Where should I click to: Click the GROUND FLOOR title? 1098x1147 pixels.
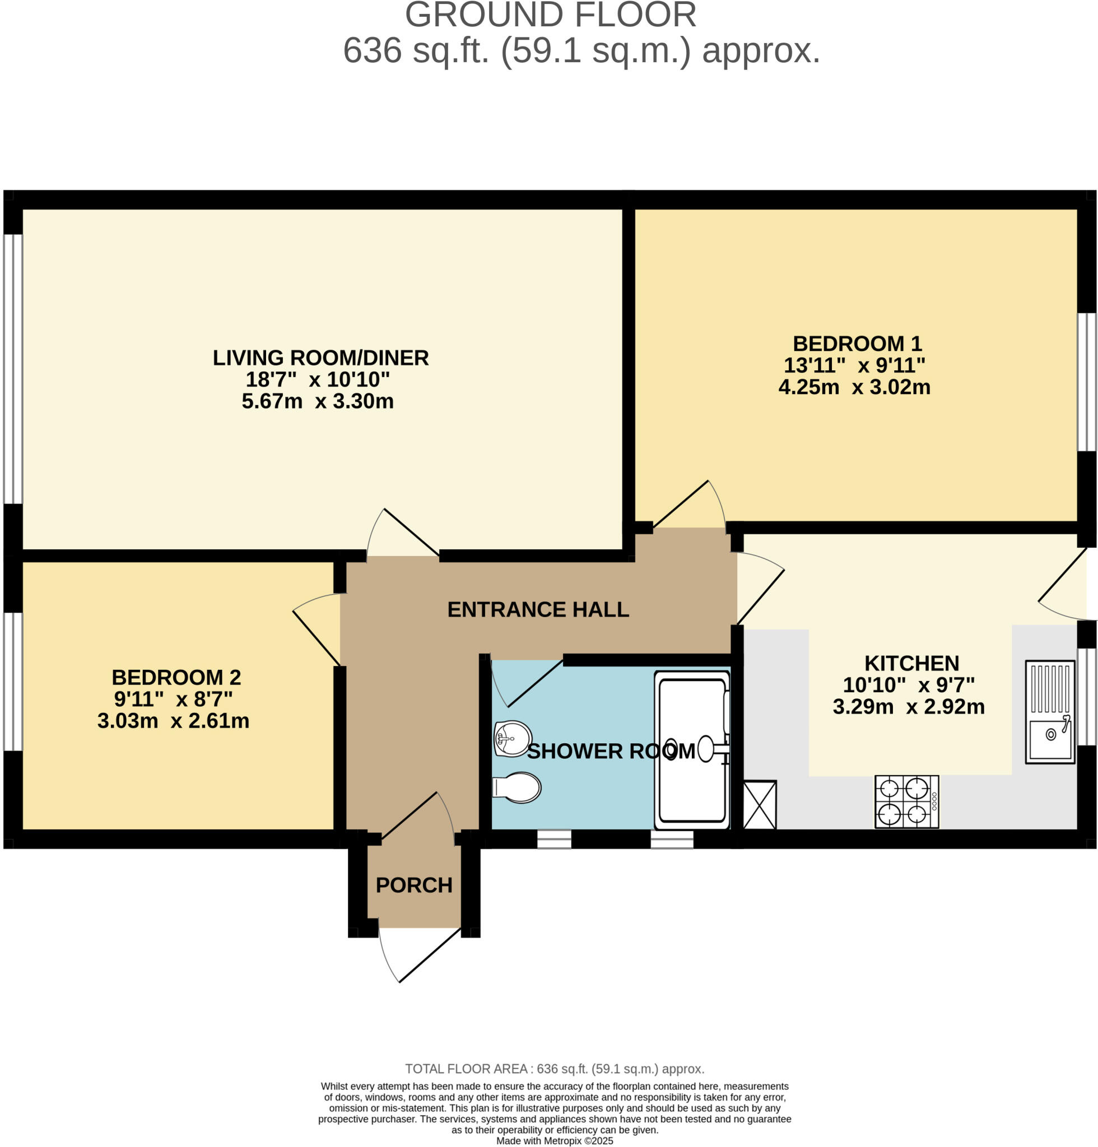pyautogui.click(x=550, y=15)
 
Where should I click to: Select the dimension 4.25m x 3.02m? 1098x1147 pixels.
pyautogui.click(x=854, y=387)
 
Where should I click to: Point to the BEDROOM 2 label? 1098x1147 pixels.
pyautogui.click(x=176, y=677)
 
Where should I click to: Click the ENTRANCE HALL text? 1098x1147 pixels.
pyautogui.click(x=538, y=609)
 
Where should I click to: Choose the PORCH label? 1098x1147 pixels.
pyautogui.click(x=414, y=885)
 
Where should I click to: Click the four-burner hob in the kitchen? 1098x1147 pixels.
pyautogui.click(x=906, y=802)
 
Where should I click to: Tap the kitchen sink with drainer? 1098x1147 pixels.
pyautogui.click(x=1049, y=712)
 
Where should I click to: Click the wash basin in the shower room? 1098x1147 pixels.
pyautogui.click(x=513, y=738)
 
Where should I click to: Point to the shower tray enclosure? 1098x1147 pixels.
pyautogui.click(x=692, y=750)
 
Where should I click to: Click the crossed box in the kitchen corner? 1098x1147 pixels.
pyautogui.click(x=760, y=805)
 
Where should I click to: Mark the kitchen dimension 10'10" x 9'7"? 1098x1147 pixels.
pyautogui.click(x=908, y=685)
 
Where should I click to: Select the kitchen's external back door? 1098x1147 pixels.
pyautogui.click(x=1062, y=585)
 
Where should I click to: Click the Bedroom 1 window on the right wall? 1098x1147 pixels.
pyautogui.click(x=1087, y=381)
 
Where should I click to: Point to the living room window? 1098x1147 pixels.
pyautogui.click(x=13, y=369)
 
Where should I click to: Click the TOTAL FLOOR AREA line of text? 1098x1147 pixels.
pyautogui.click(x=554, y=1069)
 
